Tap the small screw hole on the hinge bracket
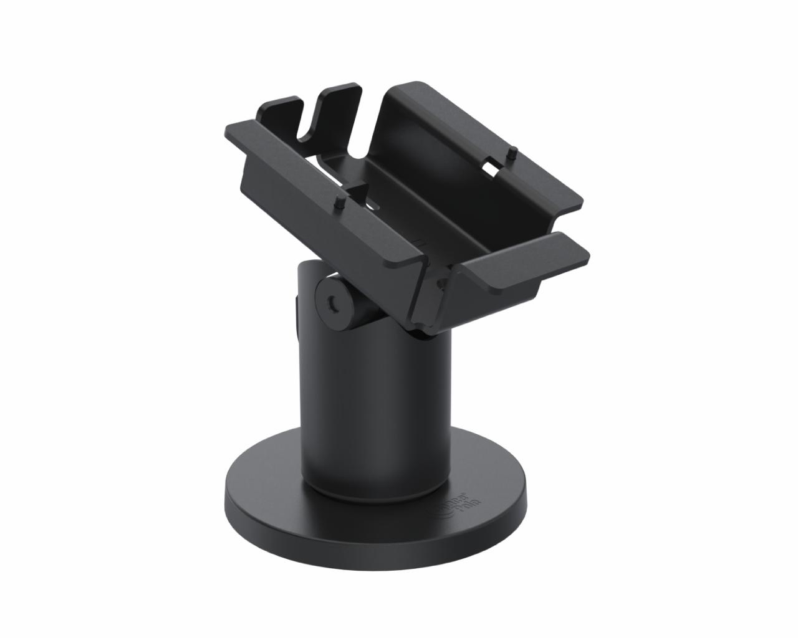coord(442,284)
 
